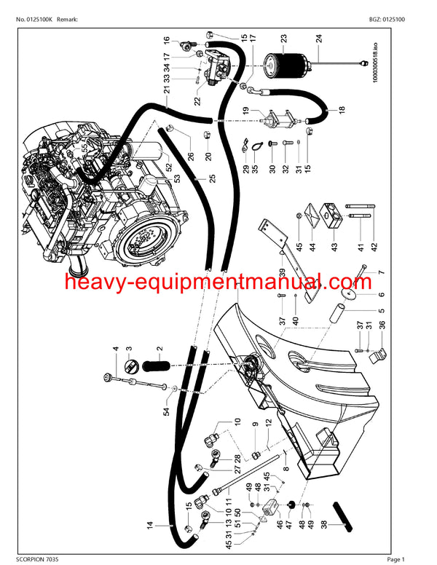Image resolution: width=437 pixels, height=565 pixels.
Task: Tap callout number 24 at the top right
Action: [x=318, y=39]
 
